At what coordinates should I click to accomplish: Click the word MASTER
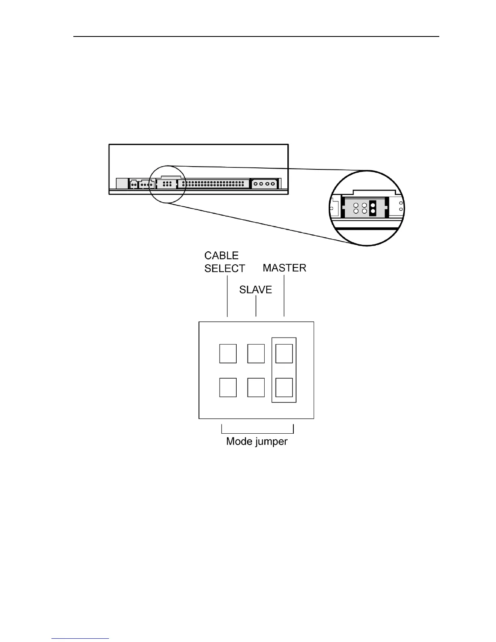coord(284,268)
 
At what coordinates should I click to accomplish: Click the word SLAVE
coord(255,290)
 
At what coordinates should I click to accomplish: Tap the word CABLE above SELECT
coord(221,256)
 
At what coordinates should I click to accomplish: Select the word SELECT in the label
coord(224,268)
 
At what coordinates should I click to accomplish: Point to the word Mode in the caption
coord(239,441)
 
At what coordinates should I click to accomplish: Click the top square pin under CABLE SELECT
coord(228,353)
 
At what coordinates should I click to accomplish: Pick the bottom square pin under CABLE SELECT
coord(228,387)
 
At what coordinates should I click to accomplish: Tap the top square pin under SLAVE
coord(256,353)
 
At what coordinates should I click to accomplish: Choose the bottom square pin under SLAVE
coord(256,387)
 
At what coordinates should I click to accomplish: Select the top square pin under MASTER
coord(284,353)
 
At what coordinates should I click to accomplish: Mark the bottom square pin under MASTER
coord(284,387)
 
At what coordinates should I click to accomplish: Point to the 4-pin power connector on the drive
coord(264,184)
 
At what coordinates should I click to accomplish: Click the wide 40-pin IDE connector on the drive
coord(215,184)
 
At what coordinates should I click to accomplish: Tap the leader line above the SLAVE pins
coord(256,306)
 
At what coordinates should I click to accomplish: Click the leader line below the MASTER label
coord(284,296)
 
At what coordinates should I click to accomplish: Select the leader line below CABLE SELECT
coord(227,296)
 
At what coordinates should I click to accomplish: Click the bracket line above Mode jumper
coord(257,432)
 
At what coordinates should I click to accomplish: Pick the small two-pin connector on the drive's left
coord(133,184)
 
